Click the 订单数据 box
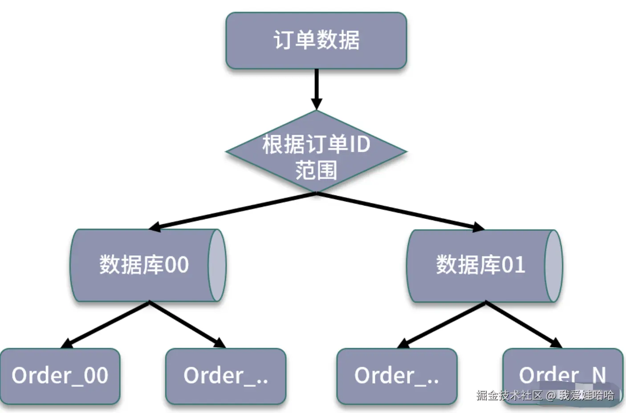click(x=316, y=40)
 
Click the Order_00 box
click(x=60, y=376)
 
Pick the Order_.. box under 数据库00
click(x=226, y=376)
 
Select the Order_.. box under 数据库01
click(x=397, y=376)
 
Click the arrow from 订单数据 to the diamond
click(x=316, y=89)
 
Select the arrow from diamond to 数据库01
click(x=401, y=211)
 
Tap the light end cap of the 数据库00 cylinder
click(x=217, y=265)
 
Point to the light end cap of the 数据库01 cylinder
click(x=553, y=266)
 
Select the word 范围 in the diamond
click(x=316, y=170)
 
